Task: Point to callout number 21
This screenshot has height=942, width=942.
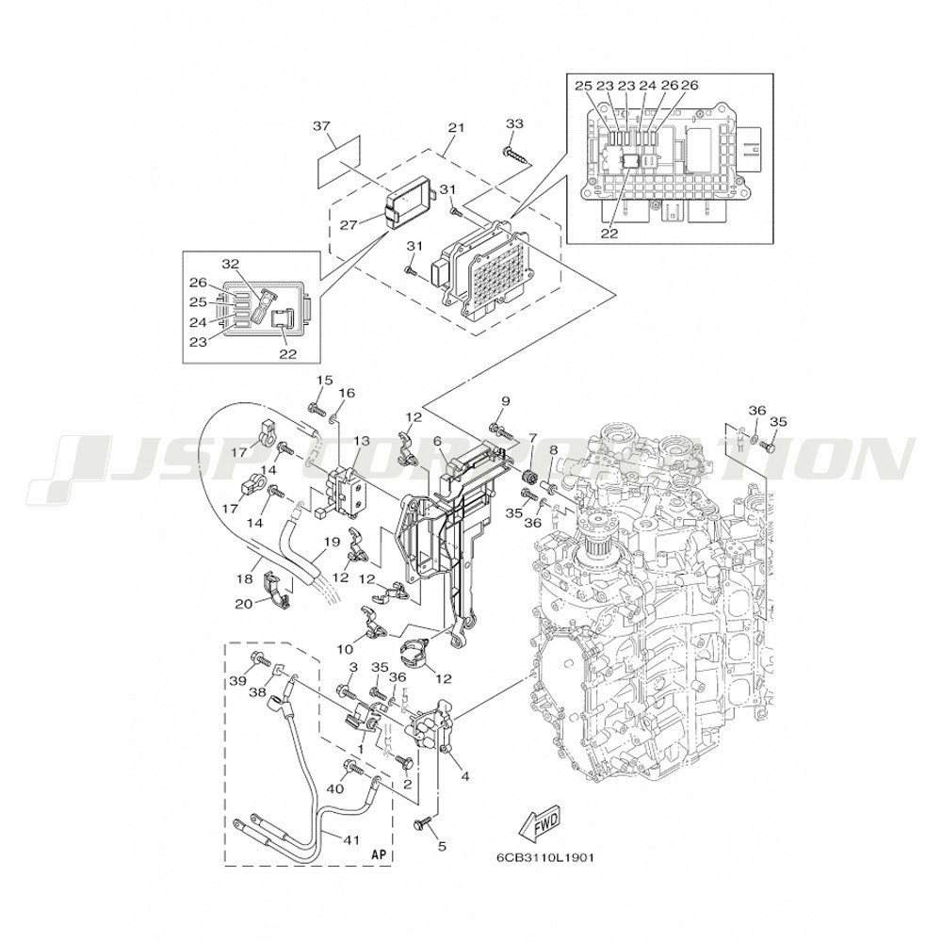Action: pos(457,127)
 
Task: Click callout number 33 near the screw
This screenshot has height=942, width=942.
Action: pos(514,123)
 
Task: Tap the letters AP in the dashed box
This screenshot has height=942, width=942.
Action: pos(379,853)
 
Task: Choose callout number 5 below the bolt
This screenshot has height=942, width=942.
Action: pos(442,847)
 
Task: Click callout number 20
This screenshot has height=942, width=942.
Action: pos(243,604)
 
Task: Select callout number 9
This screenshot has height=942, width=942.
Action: pos(505,400)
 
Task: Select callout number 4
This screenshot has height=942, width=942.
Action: pos(464,776)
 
